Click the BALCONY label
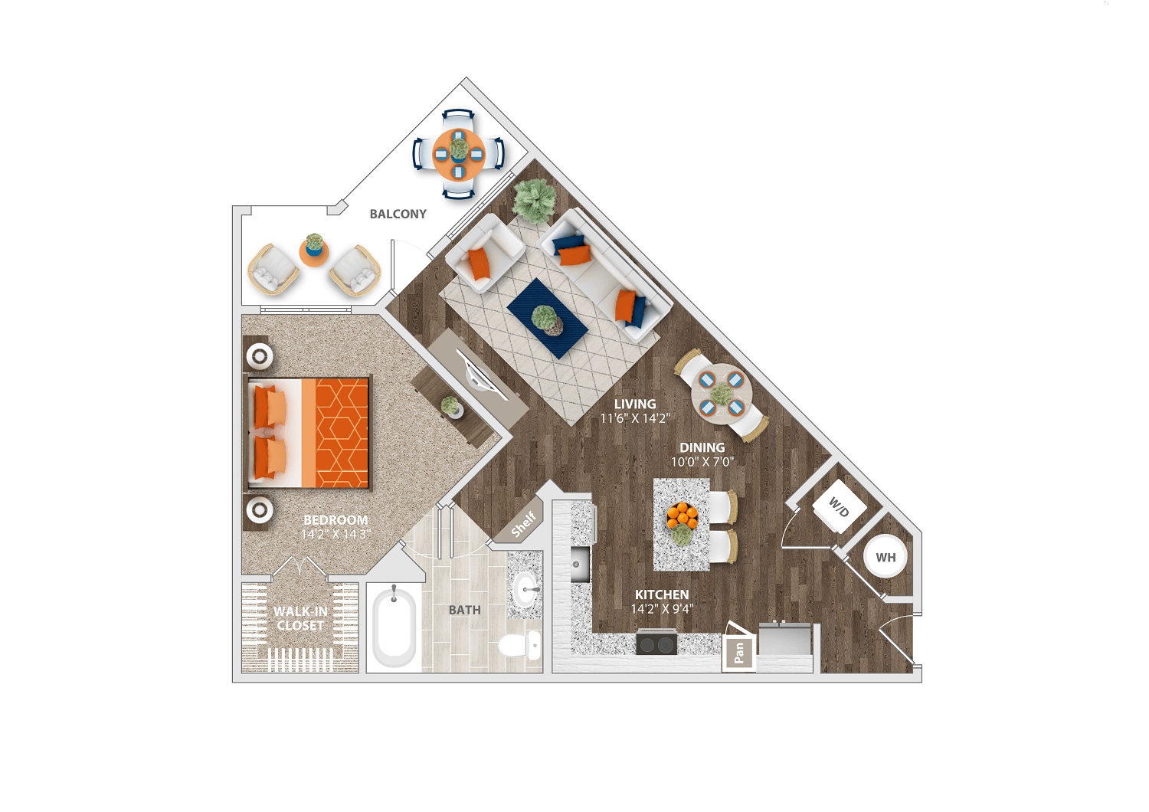[x=398, y=214]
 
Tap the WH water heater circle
[x=885, y=557]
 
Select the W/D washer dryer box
[x=840, y=507]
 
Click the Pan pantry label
[x=738, y=653]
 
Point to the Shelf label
[x=523, y=524]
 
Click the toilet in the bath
[x=519, y=644]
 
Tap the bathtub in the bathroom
[x=394, y=626]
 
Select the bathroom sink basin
[x=525, y=590]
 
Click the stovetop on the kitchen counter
[x=656, y=644]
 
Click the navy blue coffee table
[x=548, y=319]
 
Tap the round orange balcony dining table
[x=459, y=153]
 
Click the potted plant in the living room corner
[x=534, y=201]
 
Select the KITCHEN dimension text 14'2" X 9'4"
[x=662, y=609]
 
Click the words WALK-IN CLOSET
[x=300, y=618]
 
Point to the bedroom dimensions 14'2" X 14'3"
[x=336, y=534]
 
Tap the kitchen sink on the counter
[x=580, y=565]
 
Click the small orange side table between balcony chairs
[x=314, y=253]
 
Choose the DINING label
[x=702, y=447]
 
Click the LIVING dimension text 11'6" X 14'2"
[x=635, y=418]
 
